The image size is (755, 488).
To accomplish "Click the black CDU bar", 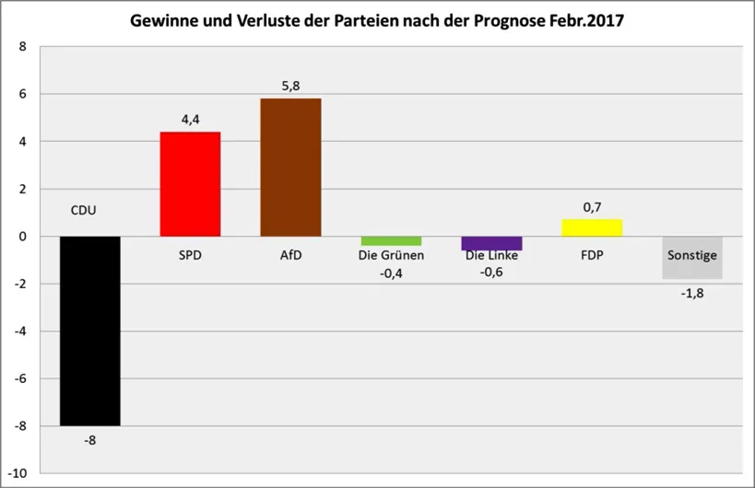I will pyautogui.click(x=89, y=331).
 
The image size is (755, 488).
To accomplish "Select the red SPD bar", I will pyautogui.click(x=190, y=184).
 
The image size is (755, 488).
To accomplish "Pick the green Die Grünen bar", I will pyautogui.click(x=391, y=241).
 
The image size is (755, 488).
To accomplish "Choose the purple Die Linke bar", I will pyautogui.click(x=491, y=244).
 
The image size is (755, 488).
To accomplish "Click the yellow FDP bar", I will pyautogui.click(x=592, y=227).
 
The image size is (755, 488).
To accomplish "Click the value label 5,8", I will pyautogui.click(x=290, y=86).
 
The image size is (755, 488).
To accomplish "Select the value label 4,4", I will pyautogui.click(x=190, y=119).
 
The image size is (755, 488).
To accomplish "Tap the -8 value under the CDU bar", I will pyautogui.click(x=89, y=440).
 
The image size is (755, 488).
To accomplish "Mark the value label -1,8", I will pyautogui.click(x=691, y=293).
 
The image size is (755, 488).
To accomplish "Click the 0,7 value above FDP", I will pyautogui.click(x=592, y=207).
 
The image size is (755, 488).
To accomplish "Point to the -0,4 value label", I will pyautogui.click(x=392, y=272).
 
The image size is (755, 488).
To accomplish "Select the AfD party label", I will pyautogui.click(x=290, y=254).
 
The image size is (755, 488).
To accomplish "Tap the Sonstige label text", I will pyautogui.click(x=692, y=254).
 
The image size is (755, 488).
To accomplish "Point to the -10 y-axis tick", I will pyautogui.click(x=18, y=472).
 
